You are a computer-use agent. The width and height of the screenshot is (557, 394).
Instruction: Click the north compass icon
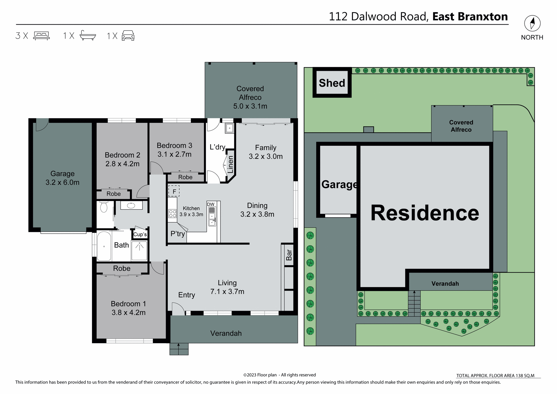coord(532,24)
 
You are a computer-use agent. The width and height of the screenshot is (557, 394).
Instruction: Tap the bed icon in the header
coord(41,36)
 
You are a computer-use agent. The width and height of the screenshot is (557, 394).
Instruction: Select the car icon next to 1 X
coord(128,36)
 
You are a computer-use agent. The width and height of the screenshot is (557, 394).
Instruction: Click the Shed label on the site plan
coord(332,83)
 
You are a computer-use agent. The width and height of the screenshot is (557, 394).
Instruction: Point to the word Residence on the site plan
coord(425,213)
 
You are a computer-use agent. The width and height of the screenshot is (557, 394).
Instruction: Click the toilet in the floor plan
coord(104,207)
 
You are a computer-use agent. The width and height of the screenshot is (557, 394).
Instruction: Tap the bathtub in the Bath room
coord(104,246)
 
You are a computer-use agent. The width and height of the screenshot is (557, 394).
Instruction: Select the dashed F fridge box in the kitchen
coord(174,191)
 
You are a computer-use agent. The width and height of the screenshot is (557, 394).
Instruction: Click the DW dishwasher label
coord(211,204)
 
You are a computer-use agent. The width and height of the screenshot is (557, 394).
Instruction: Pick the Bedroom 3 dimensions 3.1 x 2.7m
coord(174,154)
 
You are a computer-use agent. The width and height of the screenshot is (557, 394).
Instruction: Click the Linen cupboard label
coord(230,165)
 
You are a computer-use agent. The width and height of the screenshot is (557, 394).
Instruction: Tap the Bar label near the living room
coord(289,255)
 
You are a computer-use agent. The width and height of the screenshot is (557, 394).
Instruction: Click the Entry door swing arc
coord(178,308)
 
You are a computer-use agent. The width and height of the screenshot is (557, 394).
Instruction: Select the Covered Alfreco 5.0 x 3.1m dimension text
coord(250,106)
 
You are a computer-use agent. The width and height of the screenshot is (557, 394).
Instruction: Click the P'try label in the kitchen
coord(178,234)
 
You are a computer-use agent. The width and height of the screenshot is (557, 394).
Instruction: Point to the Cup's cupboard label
coord(140,234)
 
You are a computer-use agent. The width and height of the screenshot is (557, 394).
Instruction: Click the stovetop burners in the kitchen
coord(173,214)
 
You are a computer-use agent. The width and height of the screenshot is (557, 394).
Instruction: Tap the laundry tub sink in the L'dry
coord(229,128)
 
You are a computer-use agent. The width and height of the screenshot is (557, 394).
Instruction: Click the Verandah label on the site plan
coord(445,284)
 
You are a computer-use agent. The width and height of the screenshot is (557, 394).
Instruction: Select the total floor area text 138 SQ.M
coord(495,375)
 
